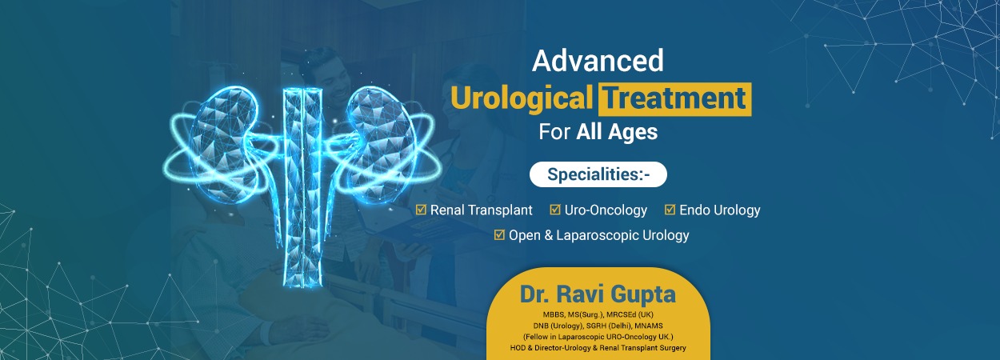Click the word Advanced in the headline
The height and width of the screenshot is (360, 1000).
coord(598,61)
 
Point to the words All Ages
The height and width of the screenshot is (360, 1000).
coord(617,132)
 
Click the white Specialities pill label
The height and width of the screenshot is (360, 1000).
coord(598,174)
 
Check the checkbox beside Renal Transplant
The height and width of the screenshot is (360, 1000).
coord(421,210)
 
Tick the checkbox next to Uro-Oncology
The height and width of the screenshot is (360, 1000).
coord(555,210)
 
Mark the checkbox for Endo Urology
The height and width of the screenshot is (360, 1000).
coord(670,210)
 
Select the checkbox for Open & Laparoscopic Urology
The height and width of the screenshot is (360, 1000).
coord(499,235)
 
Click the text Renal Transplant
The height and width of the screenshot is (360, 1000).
coord(481,210)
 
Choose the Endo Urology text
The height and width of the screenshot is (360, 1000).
coord(720,210)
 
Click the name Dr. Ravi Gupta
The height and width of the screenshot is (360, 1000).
coord(598,294)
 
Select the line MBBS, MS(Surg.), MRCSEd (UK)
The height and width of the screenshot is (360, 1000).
coord(598,314)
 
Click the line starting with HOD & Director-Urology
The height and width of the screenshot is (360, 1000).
coord(598,348)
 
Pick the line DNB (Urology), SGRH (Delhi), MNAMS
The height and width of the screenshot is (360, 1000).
coord(598,326)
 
